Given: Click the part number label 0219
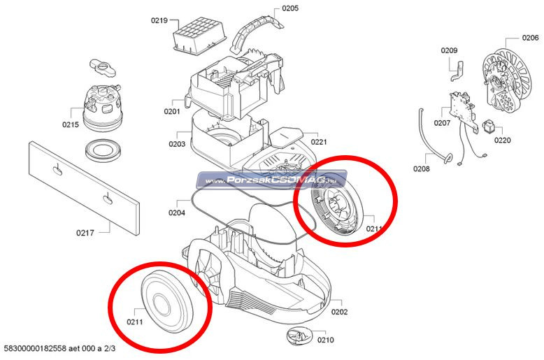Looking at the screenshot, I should tap(159, 20).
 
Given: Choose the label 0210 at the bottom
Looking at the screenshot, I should tap(325, 340).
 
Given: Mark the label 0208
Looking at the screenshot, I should tap(422, 168).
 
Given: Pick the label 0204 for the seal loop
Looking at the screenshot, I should tap(177, 212).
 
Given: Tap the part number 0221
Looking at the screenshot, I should tap(319, 142).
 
